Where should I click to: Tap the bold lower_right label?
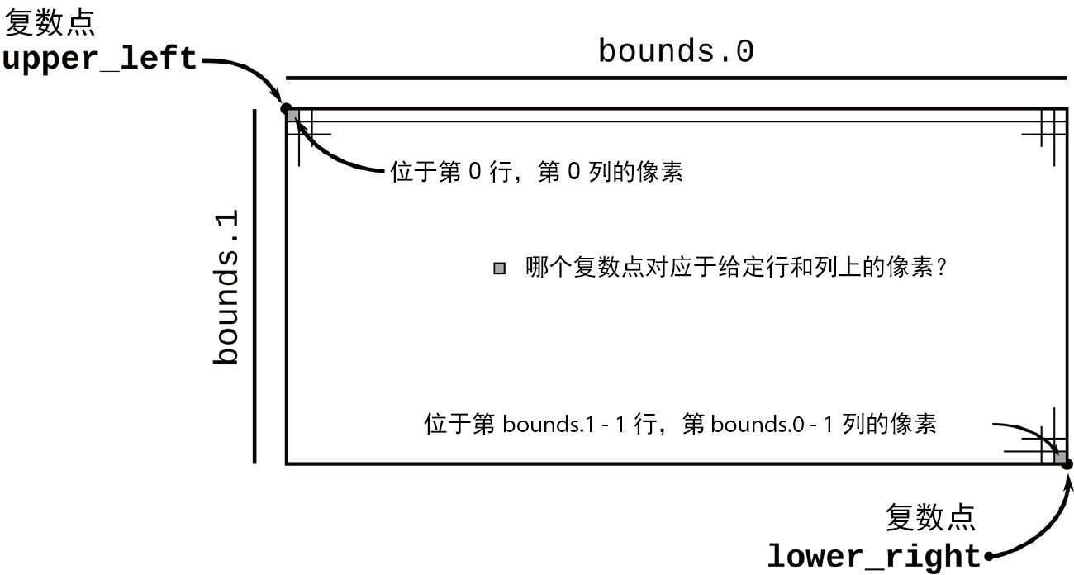pyautogui.click(x=874, y=556)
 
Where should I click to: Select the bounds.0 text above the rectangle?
pyautogui.click(x=676, y=52)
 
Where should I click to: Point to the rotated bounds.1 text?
pyautogui.click(x=226, y=287)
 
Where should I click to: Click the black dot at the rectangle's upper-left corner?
pyautogui.click(x=286, y=108)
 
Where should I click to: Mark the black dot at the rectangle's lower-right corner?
pyautogui.click(x=1067, y=464)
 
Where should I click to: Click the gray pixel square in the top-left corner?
pyautogui.click(x=292, y=115)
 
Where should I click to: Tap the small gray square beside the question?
pyautogui.click(x=499, y=268)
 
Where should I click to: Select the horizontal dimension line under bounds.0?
pyautogui.click(x=676, y=78)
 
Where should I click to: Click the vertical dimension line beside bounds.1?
pyautogui.click(x=254, y=286)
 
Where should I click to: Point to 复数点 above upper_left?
pyautogui.click(x=50, y=23)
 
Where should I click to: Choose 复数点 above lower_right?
pyautogui.click(x=930, y=518)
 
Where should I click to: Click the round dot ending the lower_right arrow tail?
pyautogui.click(x=987, y=556)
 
